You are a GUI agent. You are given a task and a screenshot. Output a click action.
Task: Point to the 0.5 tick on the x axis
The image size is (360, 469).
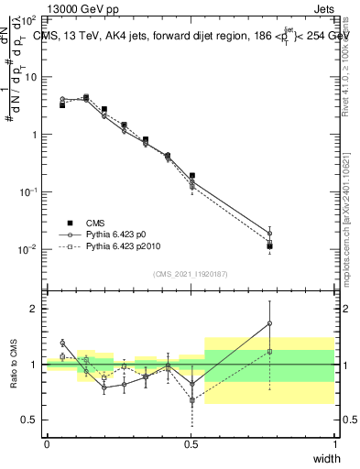click(x=191, y=443)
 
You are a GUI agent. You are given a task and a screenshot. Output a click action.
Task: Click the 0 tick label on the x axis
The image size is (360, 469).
click(x=47, y=443)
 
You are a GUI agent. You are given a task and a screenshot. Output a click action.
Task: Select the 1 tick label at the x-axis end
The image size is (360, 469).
click(x=334, y=443)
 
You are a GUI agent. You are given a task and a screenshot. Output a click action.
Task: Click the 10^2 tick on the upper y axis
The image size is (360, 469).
click(x=30, y=19)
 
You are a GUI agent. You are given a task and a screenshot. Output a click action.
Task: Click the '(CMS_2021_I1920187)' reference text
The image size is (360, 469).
click(x=191, y=274)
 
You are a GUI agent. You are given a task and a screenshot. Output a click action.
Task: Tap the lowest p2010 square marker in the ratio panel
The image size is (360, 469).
click(x=191, y=400)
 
